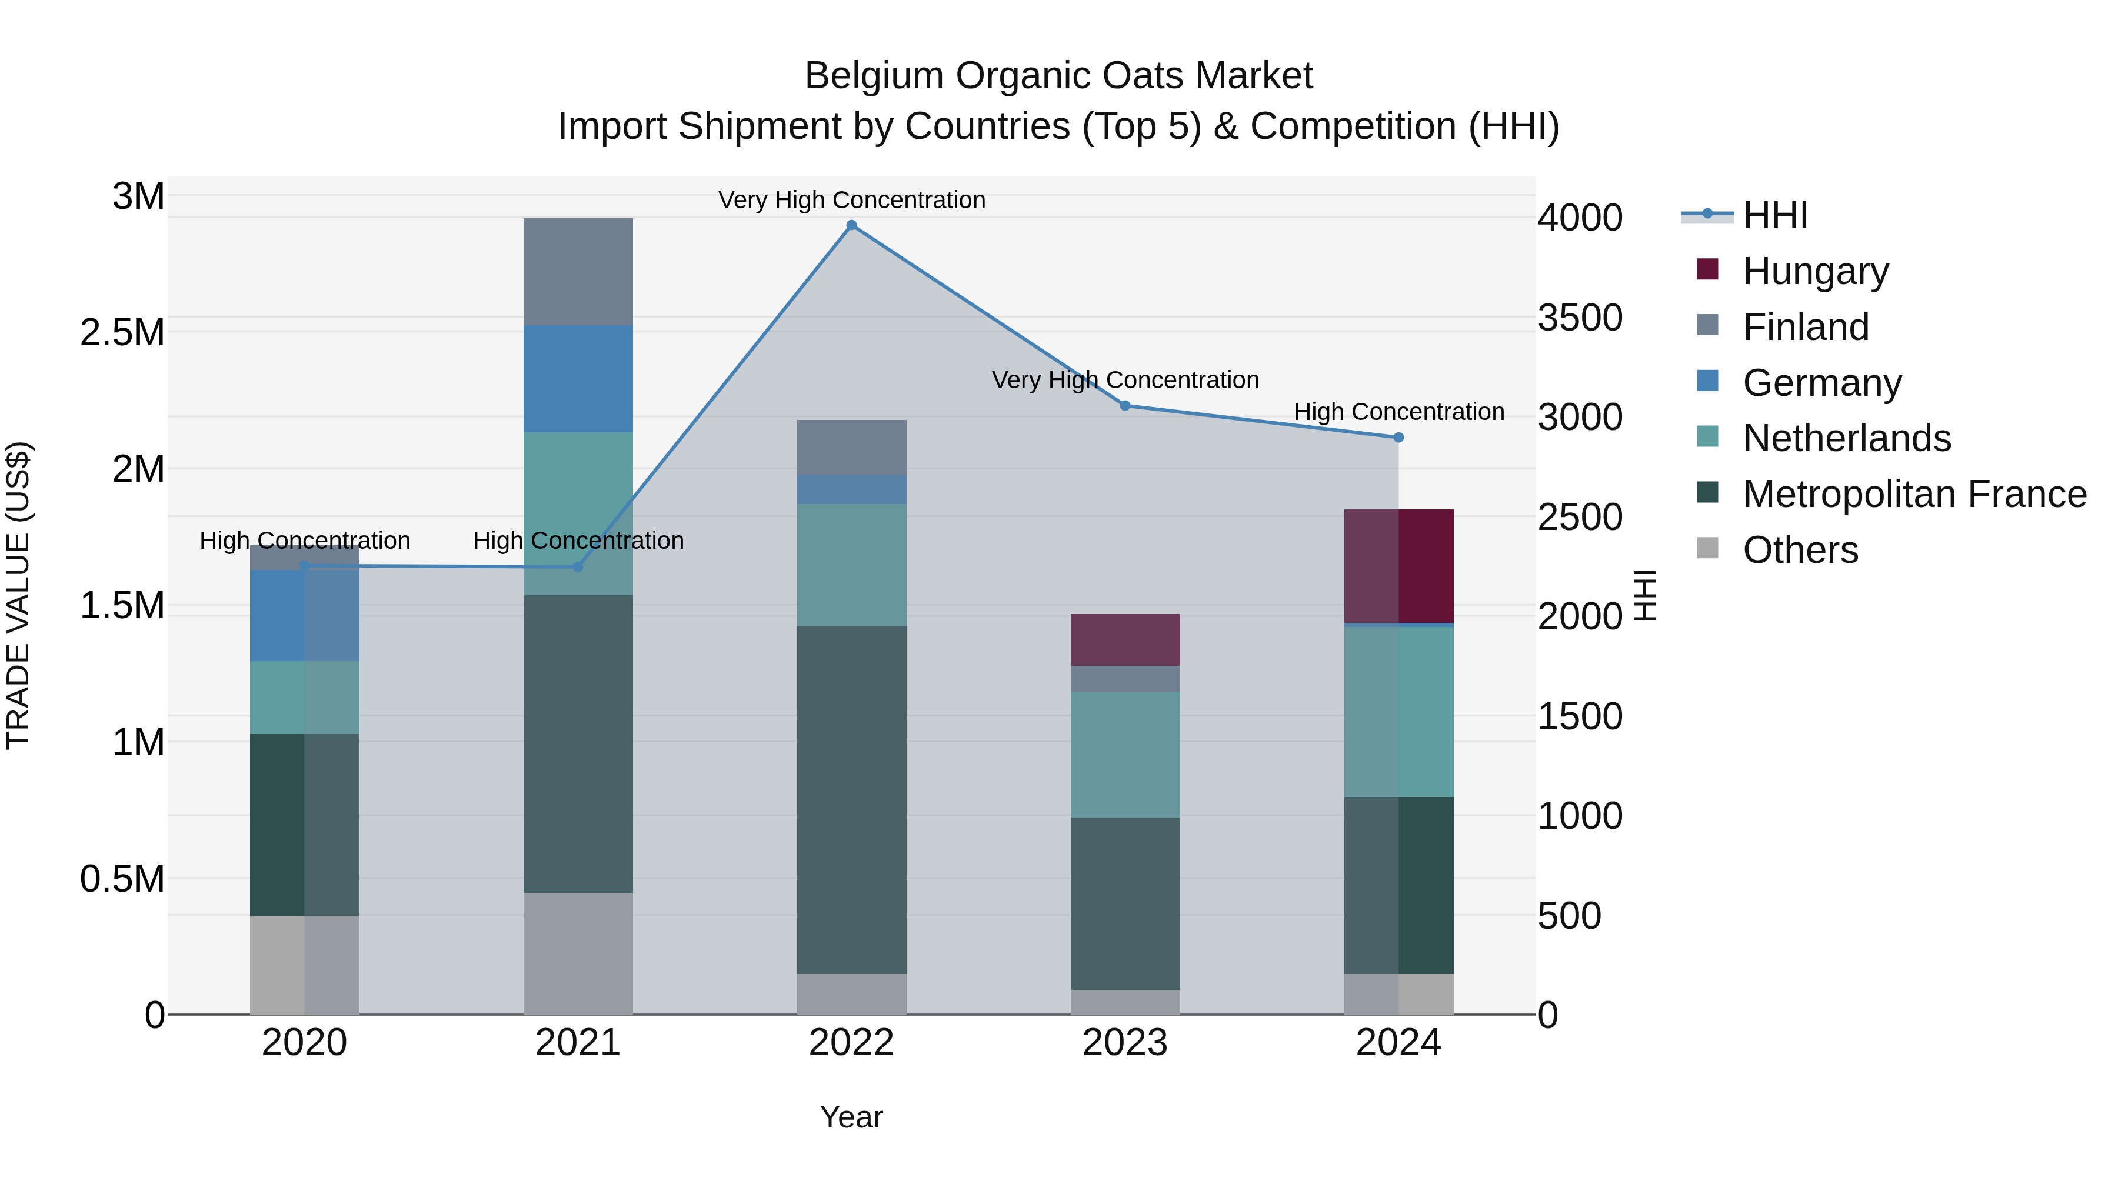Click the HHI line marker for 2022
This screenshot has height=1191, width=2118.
[x=851, y=225]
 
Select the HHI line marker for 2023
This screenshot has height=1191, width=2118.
[x=1125, y=405]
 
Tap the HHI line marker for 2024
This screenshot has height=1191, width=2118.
[x=1398, y=437]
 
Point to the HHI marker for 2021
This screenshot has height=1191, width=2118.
[x=577, y=566]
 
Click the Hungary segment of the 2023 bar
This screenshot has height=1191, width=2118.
[x=1125, y=639]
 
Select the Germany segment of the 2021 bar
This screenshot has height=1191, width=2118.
[x=578, y=378]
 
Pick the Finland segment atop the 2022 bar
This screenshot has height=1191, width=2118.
[x=851, y=447]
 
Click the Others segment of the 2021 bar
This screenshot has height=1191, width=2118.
[x=578, y=953]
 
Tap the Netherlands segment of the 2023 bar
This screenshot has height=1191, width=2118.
[x=1125, y=754]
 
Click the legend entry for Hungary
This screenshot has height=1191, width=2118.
[x=1816, y=271]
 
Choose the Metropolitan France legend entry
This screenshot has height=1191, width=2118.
[x=1914, y=494]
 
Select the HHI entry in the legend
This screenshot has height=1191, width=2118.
[x=1774, y=215]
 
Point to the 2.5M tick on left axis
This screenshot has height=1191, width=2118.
[x=122, y=333]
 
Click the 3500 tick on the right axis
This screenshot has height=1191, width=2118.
[x=1580, y=318]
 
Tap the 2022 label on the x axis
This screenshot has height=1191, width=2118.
[x=851, y=1043]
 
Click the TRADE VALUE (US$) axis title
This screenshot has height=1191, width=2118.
[x=18, y=595]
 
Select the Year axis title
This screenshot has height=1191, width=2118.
[x=851, y=1117]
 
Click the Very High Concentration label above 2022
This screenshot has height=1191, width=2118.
[x=851, y=200]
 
